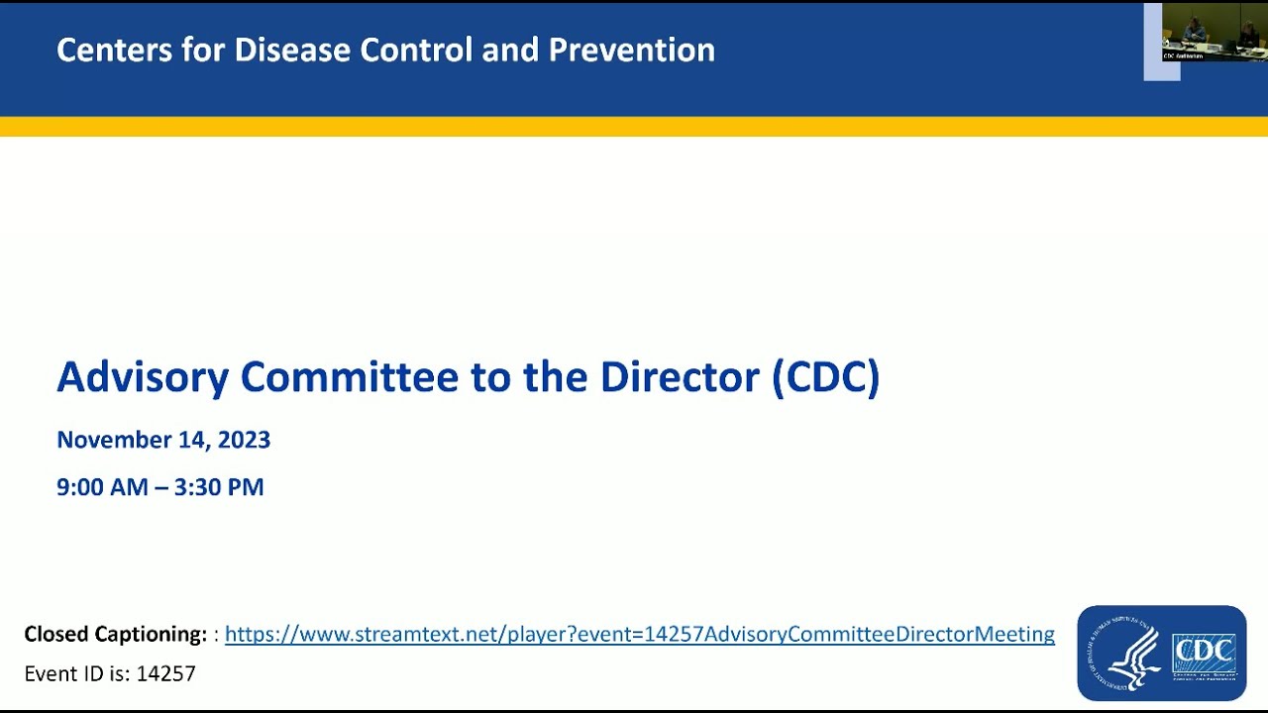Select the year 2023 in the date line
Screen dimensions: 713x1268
244,440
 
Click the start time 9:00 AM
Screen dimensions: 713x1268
100,487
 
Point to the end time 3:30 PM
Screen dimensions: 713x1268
219,487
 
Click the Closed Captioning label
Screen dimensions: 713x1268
115,634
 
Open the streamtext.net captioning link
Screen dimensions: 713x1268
639,634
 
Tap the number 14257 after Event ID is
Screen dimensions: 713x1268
166,674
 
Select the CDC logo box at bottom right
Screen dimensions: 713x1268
1204,654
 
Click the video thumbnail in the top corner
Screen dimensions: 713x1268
1214,32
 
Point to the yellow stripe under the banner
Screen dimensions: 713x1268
634,127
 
